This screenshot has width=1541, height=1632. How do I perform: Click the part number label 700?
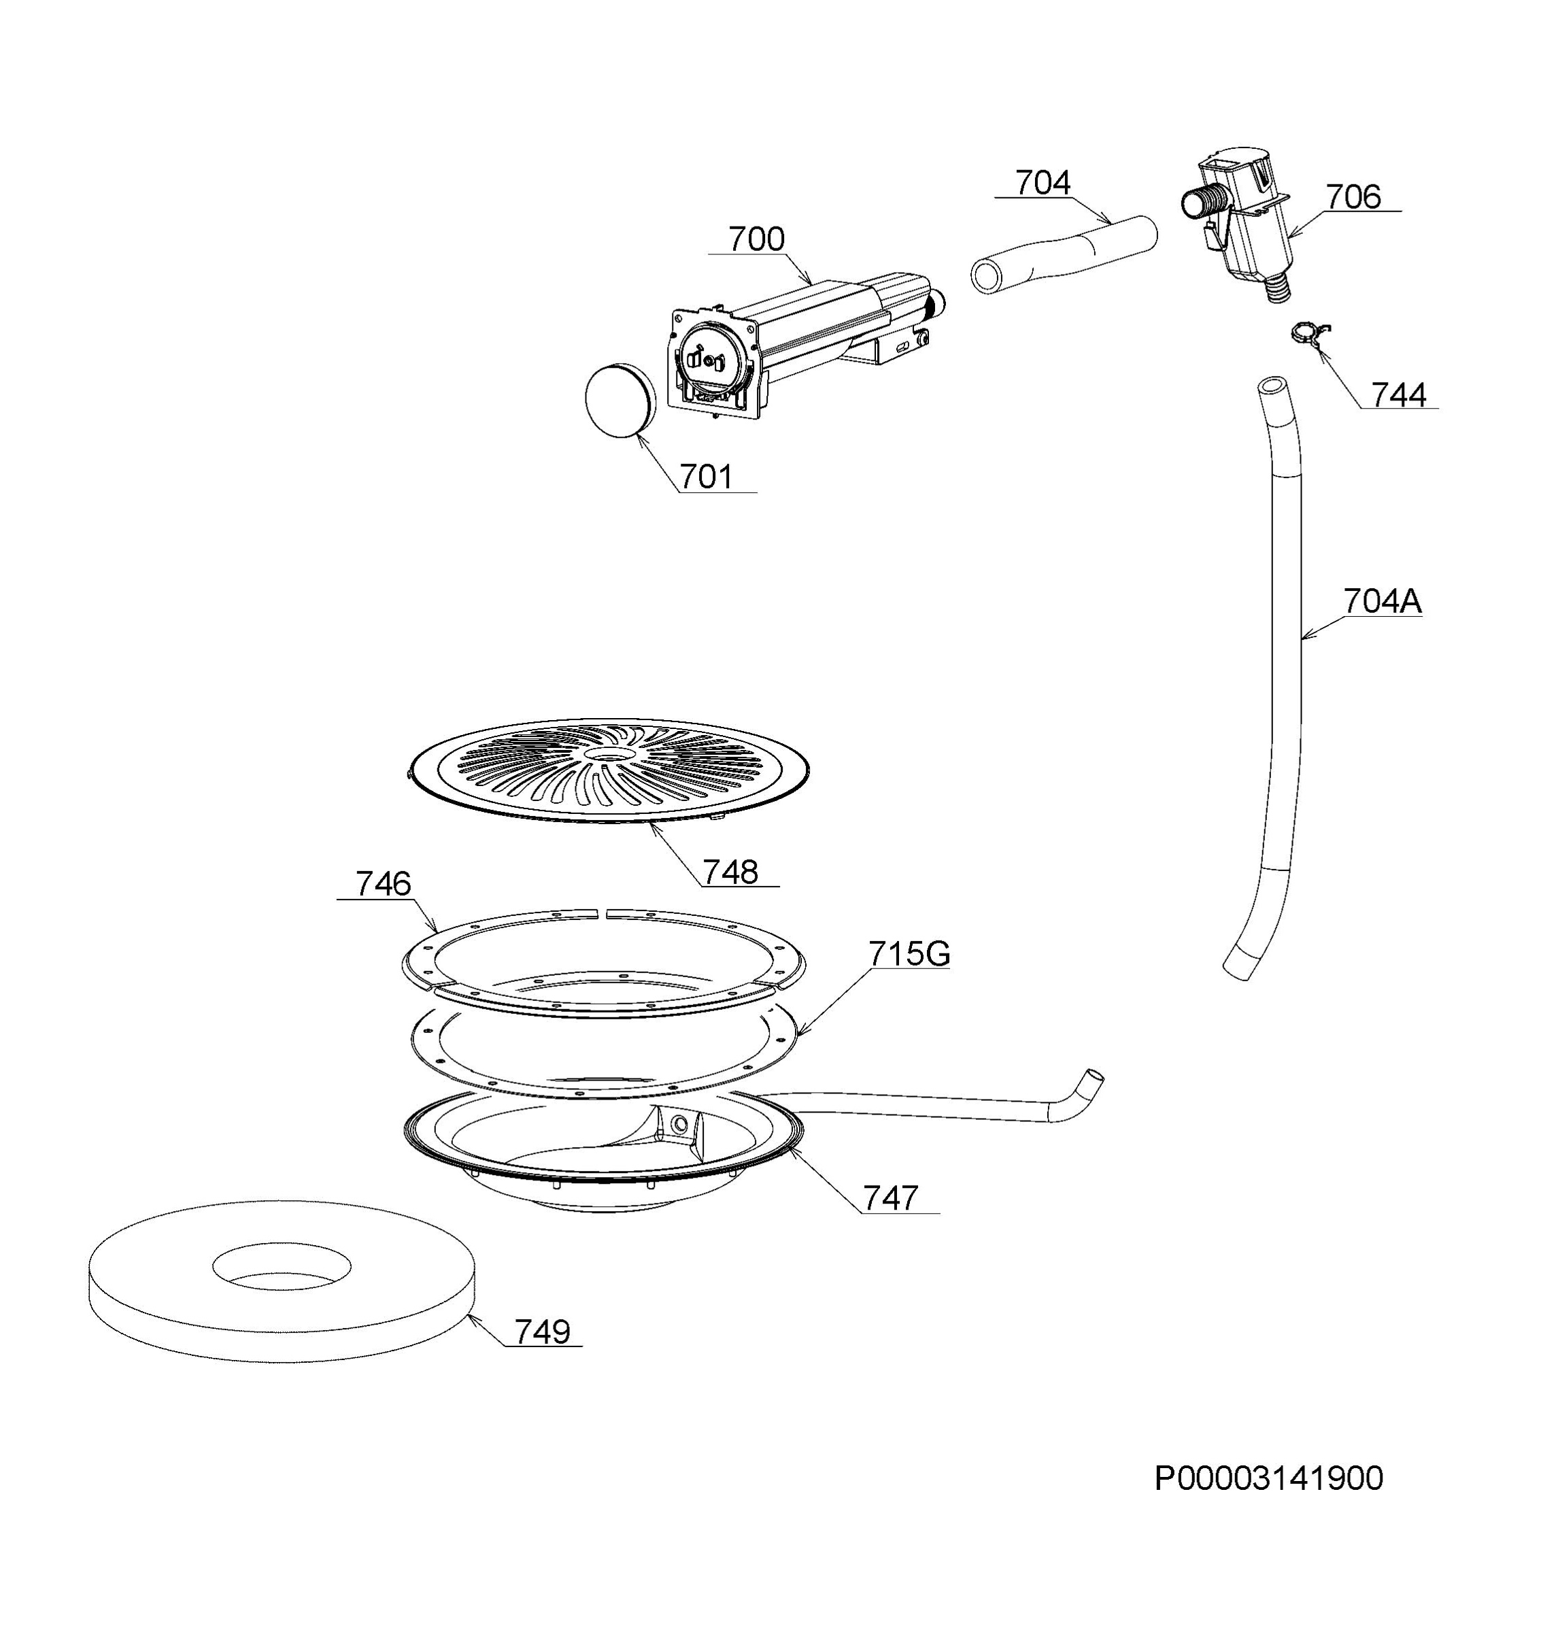(x=756, y=239)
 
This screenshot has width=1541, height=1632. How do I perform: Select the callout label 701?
(x=706, y=477)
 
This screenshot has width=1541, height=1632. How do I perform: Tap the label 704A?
(x=1383, y=601)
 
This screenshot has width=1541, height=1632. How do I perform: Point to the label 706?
(x=1354, y=197)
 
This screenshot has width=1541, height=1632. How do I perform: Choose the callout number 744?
(x=1399, y=395)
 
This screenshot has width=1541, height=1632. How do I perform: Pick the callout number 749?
(x=542, y=1331)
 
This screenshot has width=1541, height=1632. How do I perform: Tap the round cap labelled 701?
(x=620, y=399)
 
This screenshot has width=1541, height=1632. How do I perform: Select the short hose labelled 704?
(x=1064, y=254)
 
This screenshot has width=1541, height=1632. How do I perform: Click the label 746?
(x=383, y=884)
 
